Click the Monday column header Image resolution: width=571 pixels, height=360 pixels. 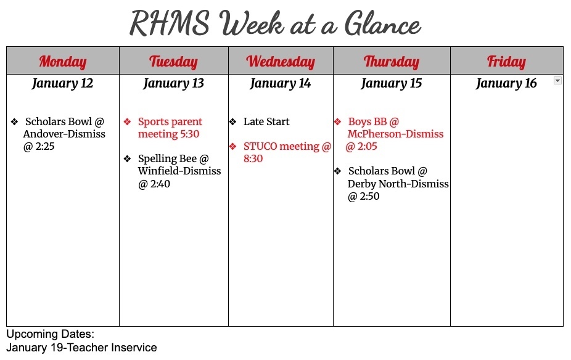[62, 61]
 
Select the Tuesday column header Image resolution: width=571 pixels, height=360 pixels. [173, 61]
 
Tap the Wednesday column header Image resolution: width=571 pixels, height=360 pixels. [281, 61]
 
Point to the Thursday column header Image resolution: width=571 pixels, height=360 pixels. [392, 61]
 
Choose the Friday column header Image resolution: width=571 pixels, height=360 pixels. [506, 61]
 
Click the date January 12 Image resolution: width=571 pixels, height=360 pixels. [62, 83]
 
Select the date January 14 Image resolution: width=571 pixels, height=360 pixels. [281, 83]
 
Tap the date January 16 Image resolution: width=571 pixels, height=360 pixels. [506, 83]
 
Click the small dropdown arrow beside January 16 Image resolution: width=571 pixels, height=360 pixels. [557, 81]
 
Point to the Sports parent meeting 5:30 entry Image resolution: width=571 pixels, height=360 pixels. [170, 128]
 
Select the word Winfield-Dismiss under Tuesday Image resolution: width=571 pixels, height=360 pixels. [179, 171]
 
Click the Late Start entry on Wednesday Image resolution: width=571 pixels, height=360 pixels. [266, 121]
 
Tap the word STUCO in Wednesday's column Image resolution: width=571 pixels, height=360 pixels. [260, 146]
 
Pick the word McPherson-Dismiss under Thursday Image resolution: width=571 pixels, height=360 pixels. [395, 134]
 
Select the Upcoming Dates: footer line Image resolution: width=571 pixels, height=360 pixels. [50, 334]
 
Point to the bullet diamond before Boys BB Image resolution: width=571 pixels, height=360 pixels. [337, 121]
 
